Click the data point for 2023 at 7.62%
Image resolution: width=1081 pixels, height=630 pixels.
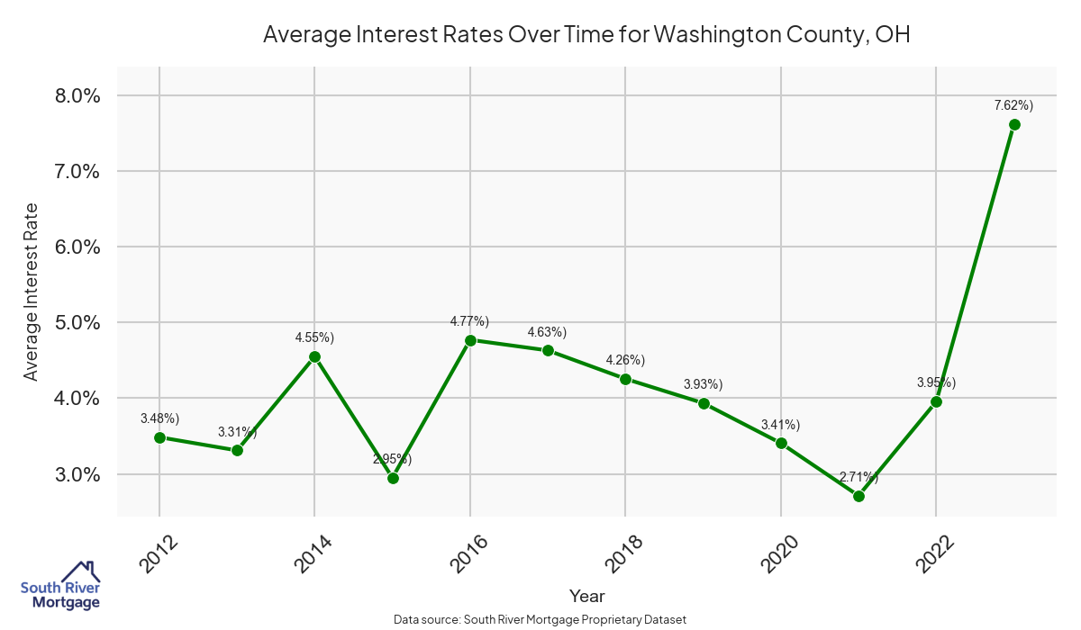tap(1014, 124)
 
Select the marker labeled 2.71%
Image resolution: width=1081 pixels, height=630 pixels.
tap(858, 496)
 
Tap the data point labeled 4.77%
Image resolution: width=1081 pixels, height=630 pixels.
tap(469, 340)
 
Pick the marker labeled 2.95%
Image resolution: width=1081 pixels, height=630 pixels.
tap(393, 478)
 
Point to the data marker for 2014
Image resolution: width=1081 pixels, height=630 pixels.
tap(314, 356)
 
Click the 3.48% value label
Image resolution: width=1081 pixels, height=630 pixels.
tap(159, 418)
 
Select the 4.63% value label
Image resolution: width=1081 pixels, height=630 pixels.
tap(547, 332)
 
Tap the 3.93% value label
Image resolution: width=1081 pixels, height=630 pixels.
tap(703, 384)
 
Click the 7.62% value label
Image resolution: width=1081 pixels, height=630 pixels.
tap(1013, 105)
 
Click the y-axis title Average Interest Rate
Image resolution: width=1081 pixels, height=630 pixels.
tap(32, 291)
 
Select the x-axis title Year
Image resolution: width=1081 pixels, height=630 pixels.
tap(586, 596)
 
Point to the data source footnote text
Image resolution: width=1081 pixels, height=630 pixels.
tap(540, 620)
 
